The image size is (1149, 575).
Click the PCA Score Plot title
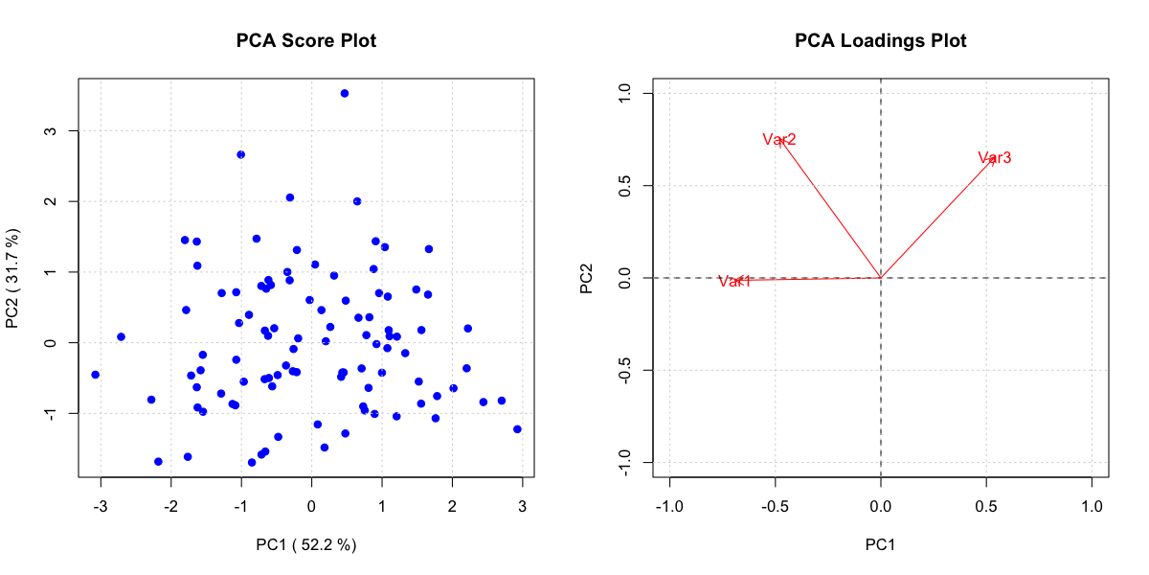point(306,41)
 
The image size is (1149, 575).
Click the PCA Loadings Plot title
point(881,41)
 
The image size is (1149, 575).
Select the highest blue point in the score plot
point(345,93)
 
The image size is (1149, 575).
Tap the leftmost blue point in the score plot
point(95,375)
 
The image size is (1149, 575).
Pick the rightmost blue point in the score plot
point(517,429)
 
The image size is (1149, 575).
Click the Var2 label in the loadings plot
point(779,140)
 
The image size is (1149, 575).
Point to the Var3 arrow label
point(994,157)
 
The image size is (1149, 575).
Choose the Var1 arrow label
point(734,281)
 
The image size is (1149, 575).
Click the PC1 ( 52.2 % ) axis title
point(306,545)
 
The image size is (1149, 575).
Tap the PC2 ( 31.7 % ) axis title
point(13,278)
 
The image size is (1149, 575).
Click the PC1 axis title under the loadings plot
point(881,545)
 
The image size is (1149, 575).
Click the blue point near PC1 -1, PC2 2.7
point(241,154)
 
